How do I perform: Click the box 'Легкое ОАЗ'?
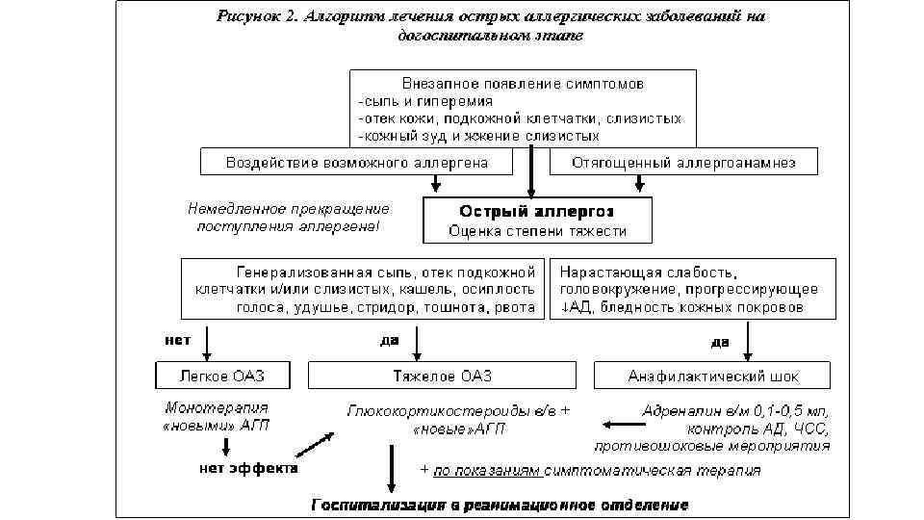(x=222, y=376)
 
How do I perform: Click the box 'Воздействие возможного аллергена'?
(x=357, y=162)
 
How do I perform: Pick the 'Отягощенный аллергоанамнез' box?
(x=683, y=162)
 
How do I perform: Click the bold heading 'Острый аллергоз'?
(x=537, y=211)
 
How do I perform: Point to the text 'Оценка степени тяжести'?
(x=537, y=231)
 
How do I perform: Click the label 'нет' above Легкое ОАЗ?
(x=177, y=339)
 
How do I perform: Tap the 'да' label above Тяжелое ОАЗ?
(x=390, y=339)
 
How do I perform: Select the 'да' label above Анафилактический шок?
(x=719, y=341)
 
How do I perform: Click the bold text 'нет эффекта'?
(x=248, y=469)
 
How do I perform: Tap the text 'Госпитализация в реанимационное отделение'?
(x=499, y=505)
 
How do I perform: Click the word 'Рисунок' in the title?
(x=245, y=15)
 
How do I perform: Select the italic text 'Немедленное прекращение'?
(x=289, y=208)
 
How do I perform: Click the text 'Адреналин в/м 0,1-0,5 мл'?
(x=736, y=410)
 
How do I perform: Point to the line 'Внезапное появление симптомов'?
(x=516, y=84)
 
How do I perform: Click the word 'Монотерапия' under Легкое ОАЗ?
(x=217, y=407)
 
